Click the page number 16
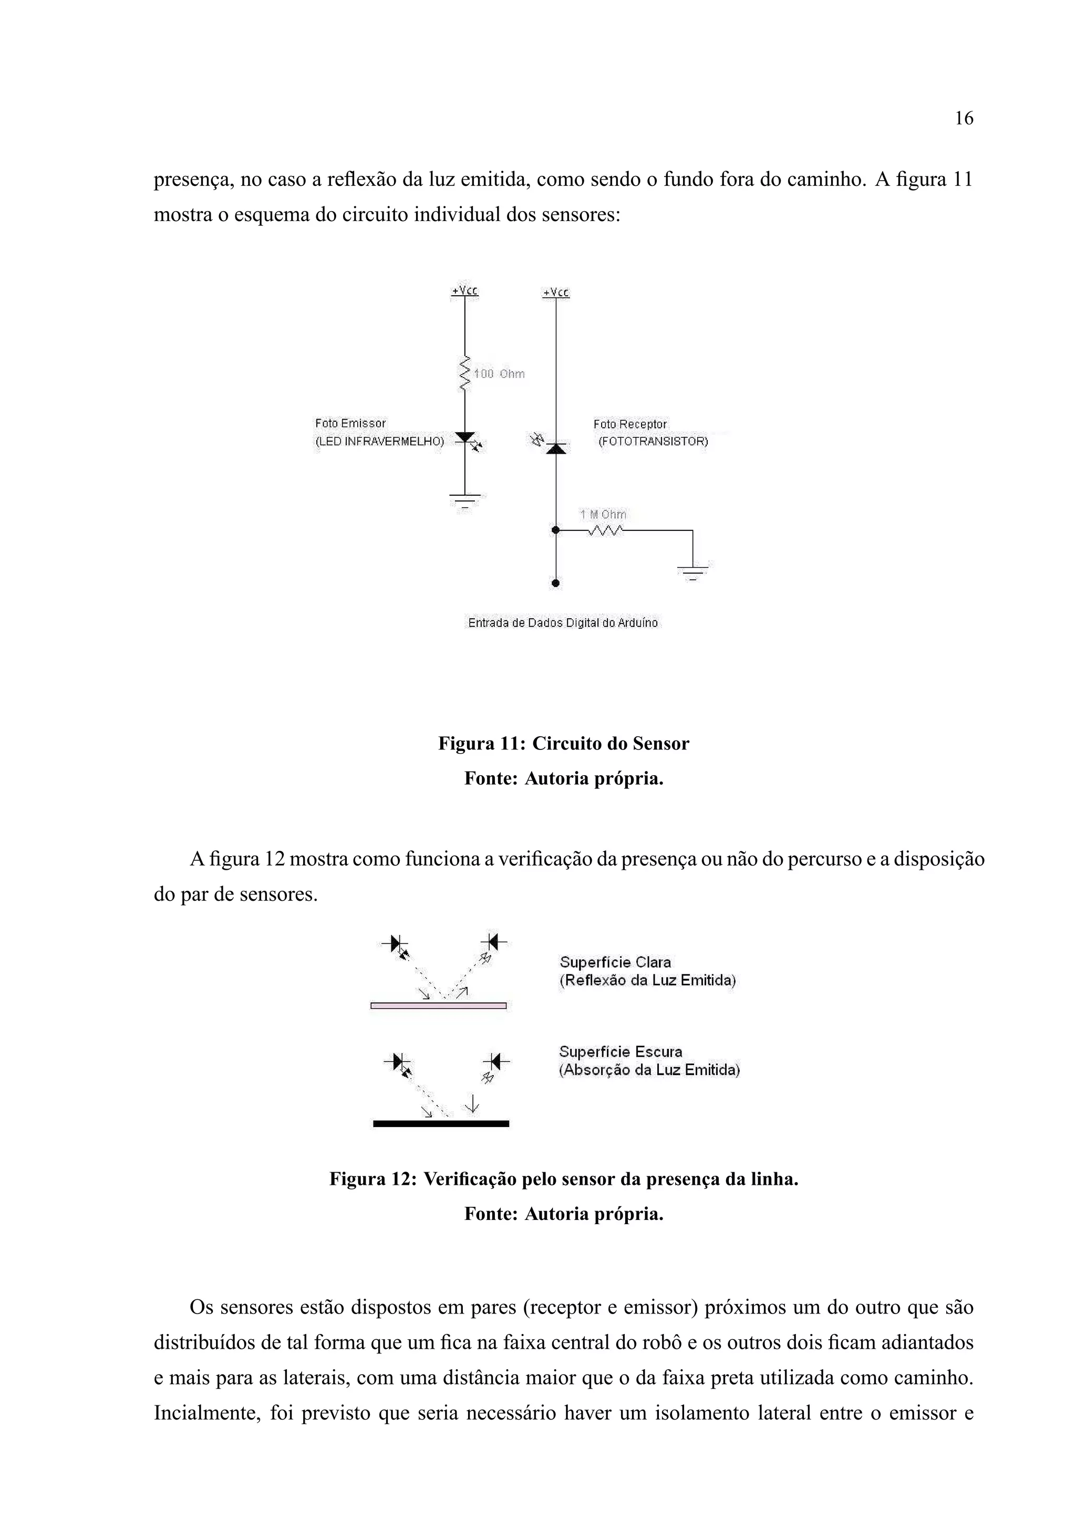coord(963,119)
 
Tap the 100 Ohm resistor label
coord(499,374)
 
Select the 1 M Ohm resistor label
coord(603,514)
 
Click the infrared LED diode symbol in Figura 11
coord(465,437)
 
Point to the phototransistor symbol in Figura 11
coord(555,447)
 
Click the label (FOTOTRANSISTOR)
coord(653,442)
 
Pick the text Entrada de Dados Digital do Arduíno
coord(563,623)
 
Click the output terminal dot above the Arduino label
coord(555,583)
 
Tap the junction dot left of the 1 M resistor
coord(555,530)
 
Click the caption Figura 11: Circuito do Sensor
coord(564,744)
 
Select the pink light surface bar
coord(438,1006)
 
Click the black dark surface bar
coord(441,1123)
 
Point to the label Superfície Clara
coord(615,963)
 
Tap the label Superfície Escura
coord(620,1052)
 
